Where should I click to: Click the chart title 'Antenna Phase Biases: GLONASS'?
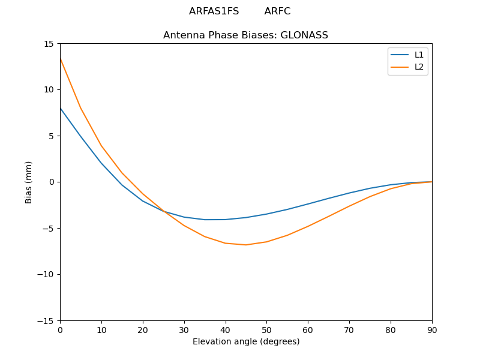(245, 35)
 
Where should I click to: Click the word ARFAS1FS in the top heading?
(214, 11)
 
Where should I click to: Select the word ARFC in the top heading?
(277, 11)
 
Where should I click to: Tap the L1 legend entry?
(419, 55)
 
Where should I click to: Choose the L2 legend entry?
(419, 67)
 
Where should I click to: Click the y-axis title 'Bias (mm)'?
(29, 182)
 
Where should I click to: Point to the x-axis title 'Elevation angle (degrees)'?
(246, 342)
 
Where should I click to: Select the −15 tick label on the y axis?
(47, 321)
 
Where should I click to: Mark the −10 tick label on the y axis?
(47, 275)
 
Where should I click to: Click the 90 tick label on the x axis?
(432, 329)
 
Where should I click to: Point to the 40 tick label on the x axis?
(225, 329)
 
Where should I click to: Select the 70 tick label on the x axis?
(349, 329)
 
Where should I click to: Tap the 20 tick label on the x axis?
(143, 329)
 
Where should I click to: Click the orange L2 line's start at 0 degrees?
(60, 58)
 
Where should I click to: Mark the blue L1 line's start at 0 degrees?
(60, 108)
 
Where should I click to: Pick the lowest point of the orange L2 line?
(246, 245)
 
